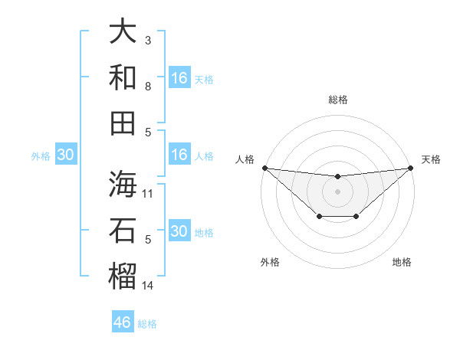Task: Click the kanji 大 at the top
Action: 123,32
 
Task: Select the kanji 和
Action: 123,77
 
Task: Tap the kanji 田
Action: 123,123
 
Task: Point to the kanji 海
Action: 123,184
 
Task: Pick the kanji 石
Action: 123,230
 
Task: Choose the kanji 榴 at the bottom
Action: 123,276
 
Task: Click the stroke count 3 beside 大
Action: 148,39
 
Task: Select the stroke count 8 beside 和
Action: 148,86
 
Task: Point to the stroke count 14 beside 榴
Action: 148,286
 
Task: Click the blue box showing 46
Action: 123,322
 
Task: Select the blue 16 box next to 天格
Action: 179,78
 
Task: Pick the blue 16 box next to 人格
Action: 179,155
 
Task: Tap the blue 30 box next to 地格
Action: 179,231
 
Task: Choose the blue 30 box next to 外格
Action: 65,155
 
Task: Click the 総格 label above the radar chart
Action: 338,100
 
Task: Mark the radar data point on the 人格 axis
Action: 264,168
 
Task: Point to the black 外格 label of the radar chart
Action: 270,262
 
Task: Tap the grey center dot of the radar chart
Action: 337,191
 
